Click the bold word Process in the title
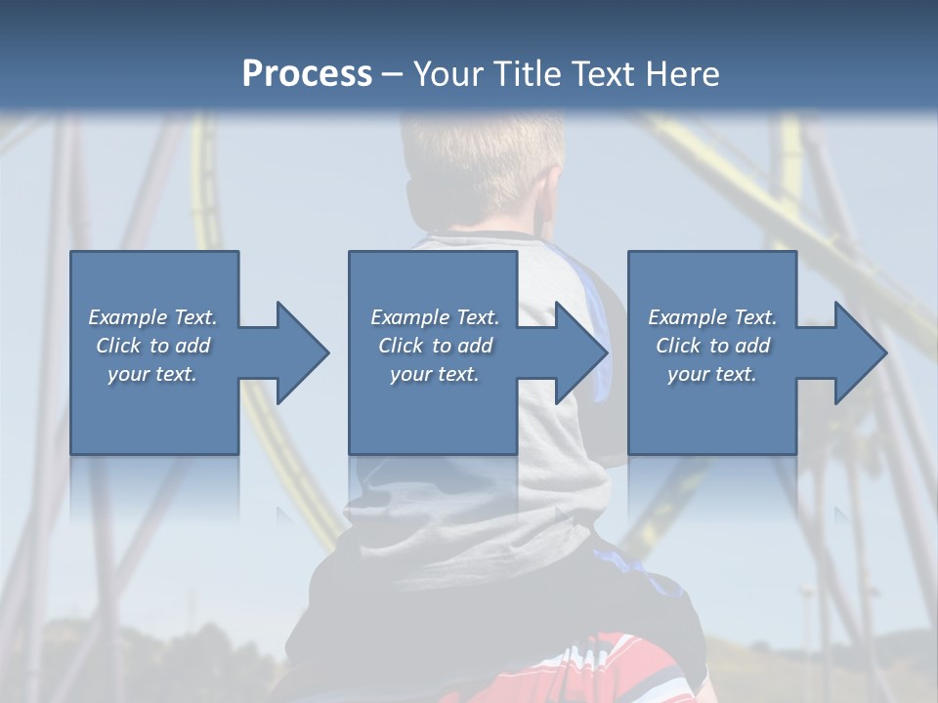307,74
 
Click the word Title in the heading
525,74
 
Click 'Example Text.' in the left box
152,317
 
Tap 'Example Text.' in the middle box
434,317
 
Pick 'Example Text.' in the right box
712,317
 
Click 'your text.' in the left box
152,374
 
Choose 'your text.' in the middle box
434,374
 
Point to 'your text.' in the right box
712,374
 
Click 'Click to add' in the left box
152,346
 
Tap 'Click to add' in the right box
712,346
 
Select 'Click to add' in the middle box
434,346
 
